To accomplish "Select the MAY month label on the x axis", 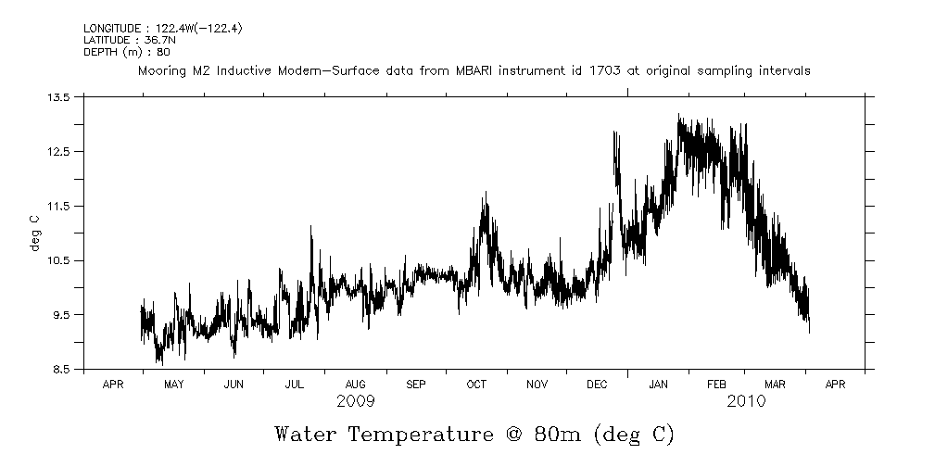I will coord(173,384).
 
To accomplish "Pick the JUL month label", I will coord(295,384).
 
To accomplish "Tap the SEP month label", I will coord(416,384).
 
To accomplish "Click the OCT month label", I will coord(476,384).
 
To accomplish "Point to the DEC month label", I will coord(597,384).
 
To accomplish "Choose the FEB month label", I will coord(717,384).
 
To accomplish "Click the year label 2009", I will coord(356,402).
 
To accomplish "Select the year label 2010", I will coord(747,402).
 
